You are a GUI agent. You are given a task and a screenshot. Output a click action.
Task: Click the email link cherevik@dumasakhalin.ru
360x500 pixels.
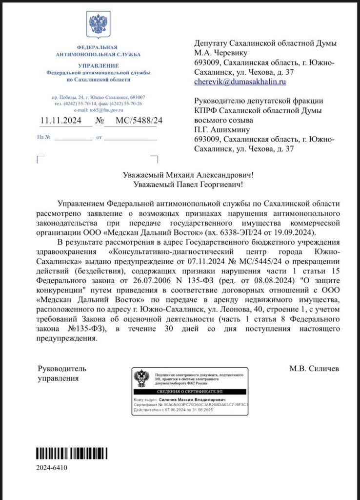240,82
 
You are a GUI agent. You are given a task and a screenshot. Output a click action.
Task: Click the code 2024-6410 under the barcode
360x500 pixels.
52,468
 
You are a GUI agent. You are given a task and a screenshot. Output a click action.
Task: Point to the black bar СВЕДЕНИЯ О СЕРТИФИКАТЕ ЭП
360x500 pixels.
189,392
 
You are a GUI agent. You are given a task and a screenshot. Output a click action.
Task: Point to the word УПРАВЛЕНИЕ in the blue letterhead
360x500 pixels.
99,65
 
